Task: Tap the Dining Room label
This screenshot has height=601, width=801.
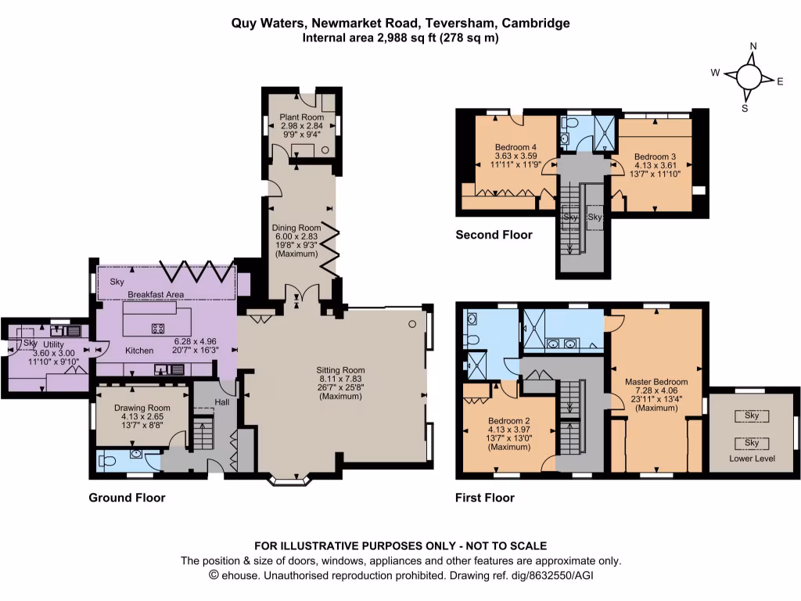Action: click(302, 229)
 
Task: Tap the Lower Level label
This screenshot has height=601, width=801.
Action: click(752, 459)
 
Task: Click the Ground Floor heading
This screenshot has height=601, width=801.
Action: click(127, 498)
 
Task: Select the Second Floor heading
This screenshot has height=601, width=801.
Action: click(494, 235)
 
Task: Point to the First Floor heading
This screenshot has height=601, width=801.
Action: click(485, 498)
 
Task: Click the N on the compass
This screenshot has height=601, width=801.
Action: click(753, 46)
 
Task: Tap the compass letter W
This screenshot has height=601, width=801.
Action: click(715, 72)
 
